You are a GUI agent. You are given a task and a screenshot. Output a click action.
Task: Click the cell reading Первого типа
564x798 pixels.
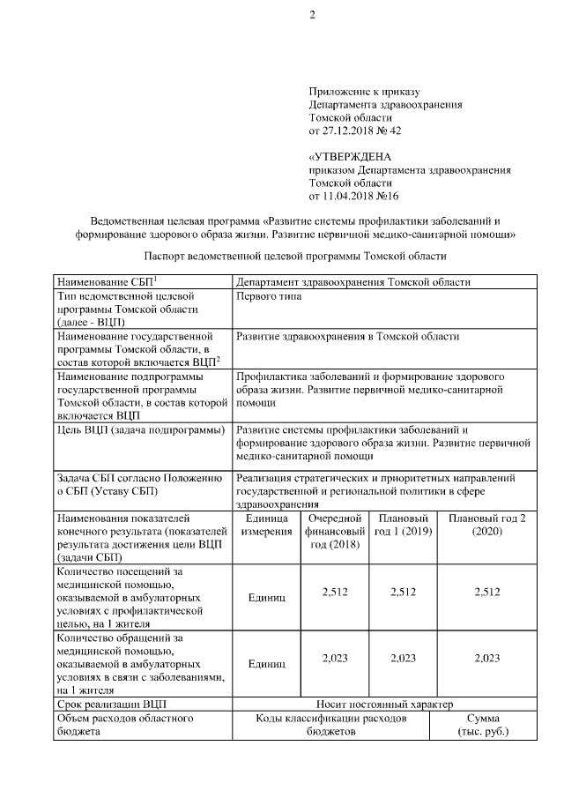click(x=269, y=296)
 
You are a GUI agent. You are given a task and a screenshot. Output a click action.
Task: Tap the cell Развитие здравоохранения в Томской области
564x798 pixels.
click(x=348, y=336)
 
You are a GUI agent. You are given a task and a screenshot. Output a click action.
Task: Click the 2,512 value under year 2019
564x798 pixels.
click(x=403, y=593)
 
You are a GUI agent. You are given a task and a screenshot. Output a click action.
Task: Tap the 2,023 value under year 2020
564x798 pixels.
click(x=487, y=658)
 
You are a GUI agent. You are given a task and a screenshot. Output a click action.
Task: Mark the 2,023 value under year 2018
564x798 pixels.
click(x=335, y=658)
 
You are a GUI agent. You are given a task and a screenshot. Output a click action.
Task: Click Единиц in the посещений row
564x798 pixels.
click(x=267, y=598)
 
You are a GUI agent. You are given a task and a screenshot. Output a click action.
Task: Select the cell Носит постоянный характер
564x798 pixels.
click(x=385, y=705)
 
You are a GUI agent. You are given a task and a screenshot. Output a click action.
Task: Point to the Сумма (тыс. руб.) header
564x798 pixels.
click(x=484, y=726)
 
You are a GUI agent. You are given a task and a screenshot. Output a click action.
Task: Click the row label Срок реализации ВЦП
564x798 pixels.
click(x=110, y=705)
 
